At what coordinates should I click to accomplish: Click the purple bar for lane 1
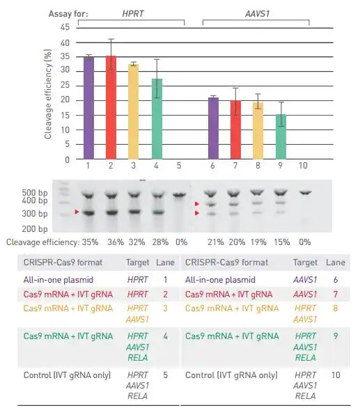(x=88, y=108)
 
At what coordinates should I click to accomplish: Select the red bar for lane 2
(x=111, y=108)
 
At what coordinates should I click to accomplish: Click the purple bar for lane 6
(x=213, y=128)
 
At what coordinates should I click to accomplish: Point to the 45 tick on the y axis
(x=65, y=27)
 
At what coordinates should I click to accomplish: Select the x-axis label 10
(x=303, y=166)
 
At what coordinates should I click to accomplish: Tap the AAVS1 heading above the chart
(x=255, y=13)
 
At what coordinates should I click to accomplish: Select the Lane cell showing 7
(x=336, y=295)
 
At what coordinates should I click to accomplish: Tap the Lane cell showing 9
(x=336, y=336)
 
